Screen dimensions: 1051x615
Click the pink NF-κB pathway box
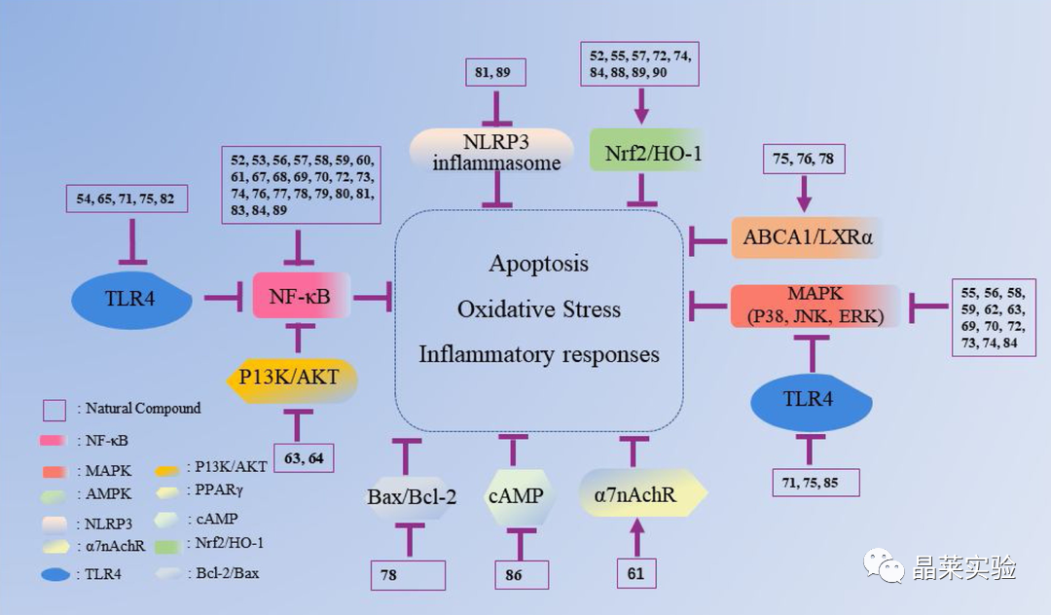[x=301, y=296]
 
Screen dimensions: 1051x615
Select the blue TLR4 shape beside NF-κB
[x=131, y=300]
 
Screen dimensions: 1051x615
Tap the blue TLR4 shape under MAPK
[x=811, y=401]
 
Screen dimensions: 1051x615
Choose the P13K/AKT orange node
[x=290, y=379]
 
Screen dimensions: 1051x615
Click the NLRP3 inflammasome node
[x=492, y=152]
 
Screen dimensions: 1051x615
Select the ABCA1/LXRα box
[x=807, y=237]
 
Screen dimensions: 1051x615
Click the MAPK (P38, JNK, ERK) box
[x=815, y=306]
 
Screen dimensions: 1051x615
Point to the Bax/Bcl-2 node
[x=411, y=497]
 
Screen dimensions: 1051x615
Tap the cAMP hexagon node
[x=518, y=496]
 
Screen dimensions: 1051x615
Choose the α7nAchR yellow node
[x=642, y=493]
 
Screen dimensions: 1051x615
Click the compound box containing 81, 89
[x=495, y=72]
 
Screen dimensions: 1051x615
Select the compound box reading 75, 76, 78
[x=804, y=160]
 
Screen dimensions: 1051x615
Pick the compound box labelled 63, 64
[x=304, y=458]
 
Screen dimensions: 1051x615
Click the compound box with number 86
[x=522, y=575]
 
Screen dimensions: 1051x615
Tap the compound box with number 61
[x=636, y=573]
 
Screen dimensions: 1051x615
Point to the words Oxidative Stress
[x=539, y=309]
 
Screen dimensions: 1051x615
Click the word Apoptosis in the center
[x=539, y=264]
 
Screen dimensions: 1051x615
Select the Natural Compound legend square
[x=54, y=410]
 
